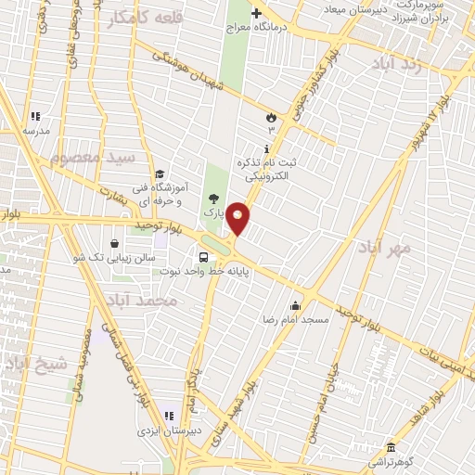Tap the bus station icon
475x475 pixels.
[202, 257]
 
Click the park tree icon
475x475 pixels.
[215, 198]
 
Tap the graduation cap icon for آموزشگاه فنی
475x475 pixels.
[160, 173]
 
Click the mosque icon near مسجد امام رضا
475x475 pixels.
[296, 305]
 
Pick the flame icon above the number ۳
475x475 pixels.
[270, 118]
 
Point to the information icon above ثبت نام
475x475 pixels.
[267, 148]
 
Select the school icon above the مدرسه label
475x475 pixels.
[35, 117]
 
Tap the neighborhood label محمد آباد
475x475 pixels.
[141, 302]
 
